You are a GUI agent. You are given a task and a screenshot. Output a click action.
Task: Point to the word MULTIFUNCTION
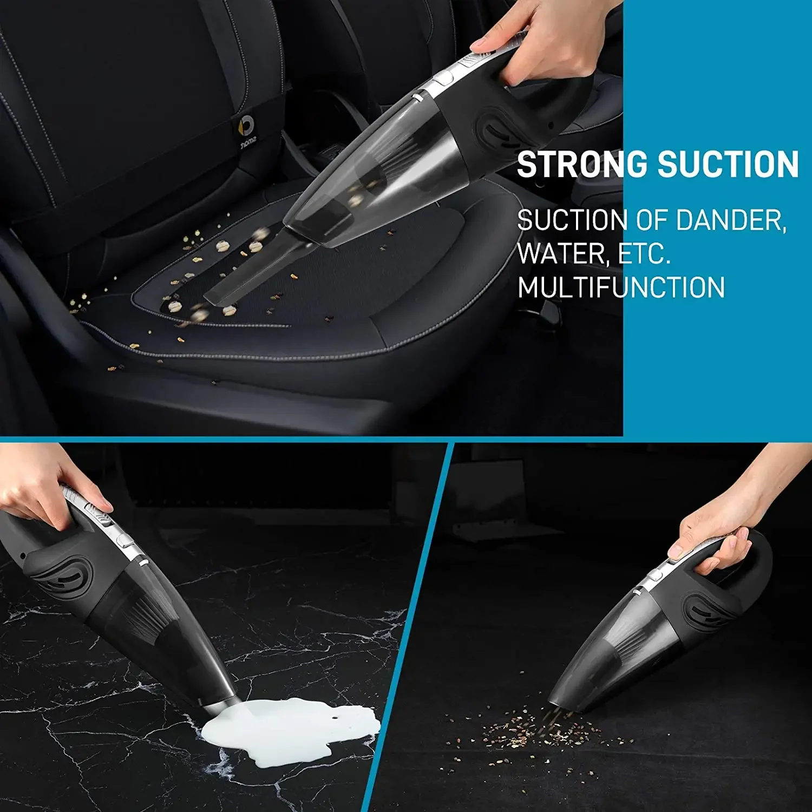[621, 287]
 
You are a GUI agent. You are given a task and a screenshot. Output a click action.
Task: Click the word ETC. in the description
[644, 253]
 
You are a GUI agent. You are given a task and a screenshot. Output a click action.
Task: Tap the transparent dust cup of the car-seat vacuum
[379, 179]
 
